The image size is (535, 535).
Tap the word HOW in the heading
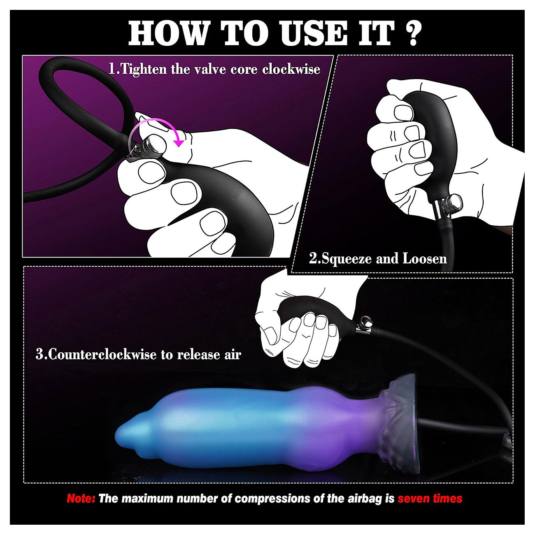[168, 33]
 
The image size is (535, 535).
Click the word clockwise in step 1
[291, 69]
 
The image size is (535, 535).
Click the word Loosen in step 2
[425, 258]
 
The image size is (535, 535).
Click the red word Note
[81, 498]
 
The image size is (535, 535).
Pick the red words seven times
[430, 498]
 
